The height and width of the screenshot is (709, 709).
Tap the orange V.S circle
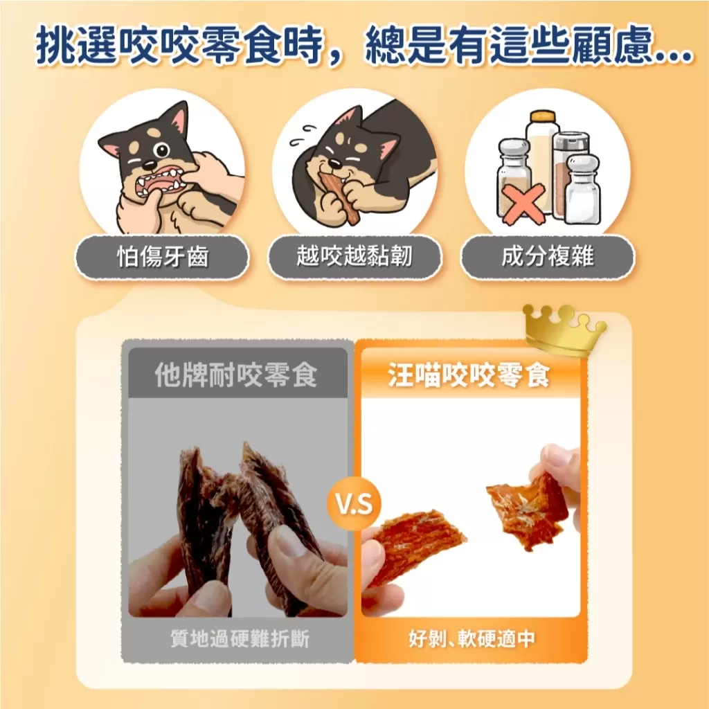354,505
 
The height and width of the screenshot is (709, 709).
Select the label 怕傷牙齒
162,258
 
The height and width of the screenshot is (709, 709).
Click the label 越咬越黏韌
354,258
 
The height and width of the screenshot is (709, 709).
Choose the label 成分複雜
547,258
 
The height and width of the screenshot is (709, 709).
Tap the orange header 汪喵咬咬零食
469,376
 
